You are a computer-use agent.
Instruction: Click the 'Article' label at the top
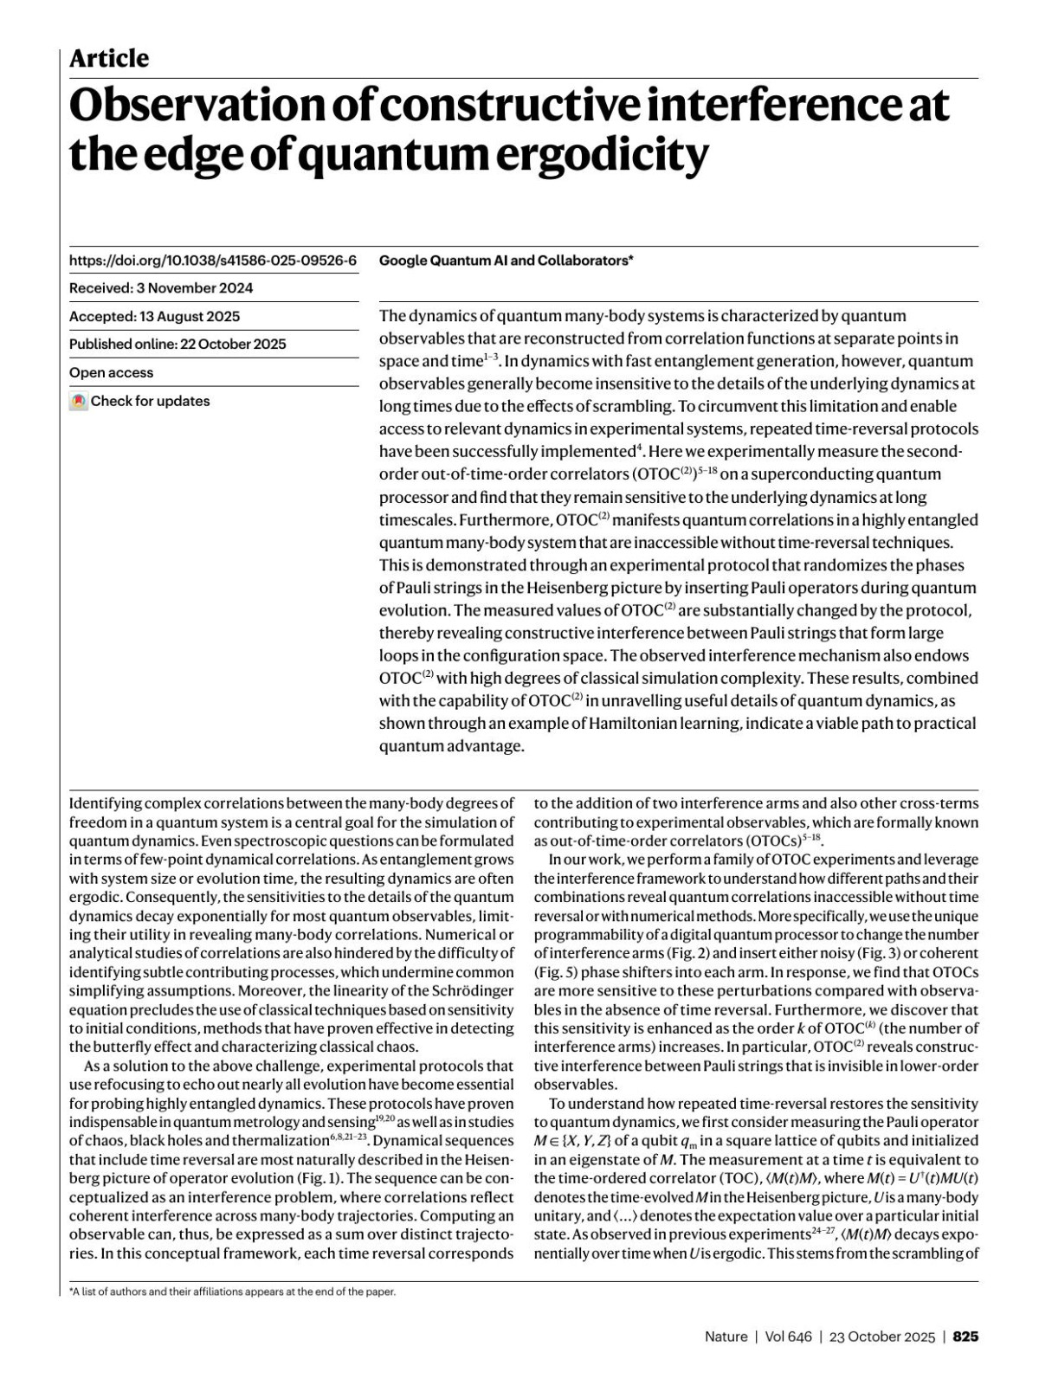(x=109, y=59)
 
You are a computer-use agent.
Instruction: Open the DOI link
(x=213, y=260)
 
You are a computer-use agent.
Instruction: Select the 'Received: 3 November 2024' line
(x=161, y=288)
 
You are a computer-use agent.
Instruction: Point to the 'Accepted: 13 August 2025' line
(x=155, y=316)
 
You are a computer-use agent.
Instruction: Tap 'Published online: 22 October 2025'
(x=177, y=344)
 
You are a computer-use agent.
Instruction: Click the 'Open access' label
(x=111, y=372)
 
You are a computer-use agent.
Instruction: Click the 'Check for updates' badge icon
(x=79, y=401)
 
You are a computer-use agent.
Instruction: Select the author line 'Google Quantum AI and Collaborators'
(x=506, y=260)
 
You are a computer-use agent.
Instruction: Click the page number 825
(x=965, y=1336)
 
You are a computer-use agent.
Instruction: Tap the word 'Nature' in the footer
(x=726, y=1336)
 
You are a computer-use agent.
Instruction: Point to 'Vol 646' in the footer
(x=788, y=1336)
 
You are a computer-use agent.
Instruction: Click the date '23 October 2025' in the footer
(x=882, y=1336)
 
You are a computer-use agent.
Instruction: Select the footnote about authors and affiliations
(x=232, y=1292)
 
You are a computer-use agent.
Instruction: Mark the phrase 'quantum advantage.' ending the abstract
(x=452, y=745)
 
